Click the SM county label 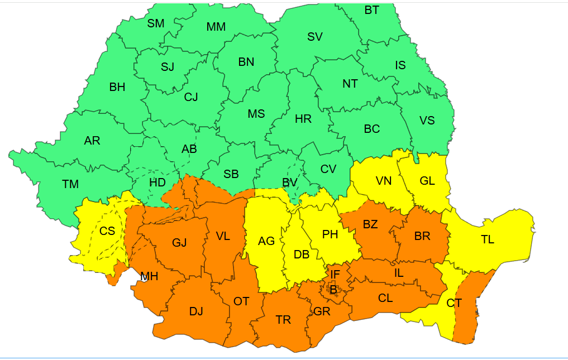point(156,23)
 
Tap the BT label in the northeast point(372,9)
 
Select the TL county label point(488,239)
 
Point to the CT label point(454,303)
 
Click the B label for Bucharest point(333,289)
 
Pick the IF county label point(335,274)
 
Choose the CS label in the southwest point(107,231)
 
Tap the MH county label point(149,276)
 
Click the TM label point(70,184)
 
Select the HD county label point(157,183)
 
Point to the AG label point(266,241)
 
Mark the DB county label point(302,255)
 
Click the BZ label point(370,224)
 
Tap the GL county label point(427,181)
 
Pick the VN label point(384,181)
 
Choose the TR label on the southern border point(283,320)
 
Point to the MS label point(256,114)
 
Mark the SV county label point(315,37)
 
